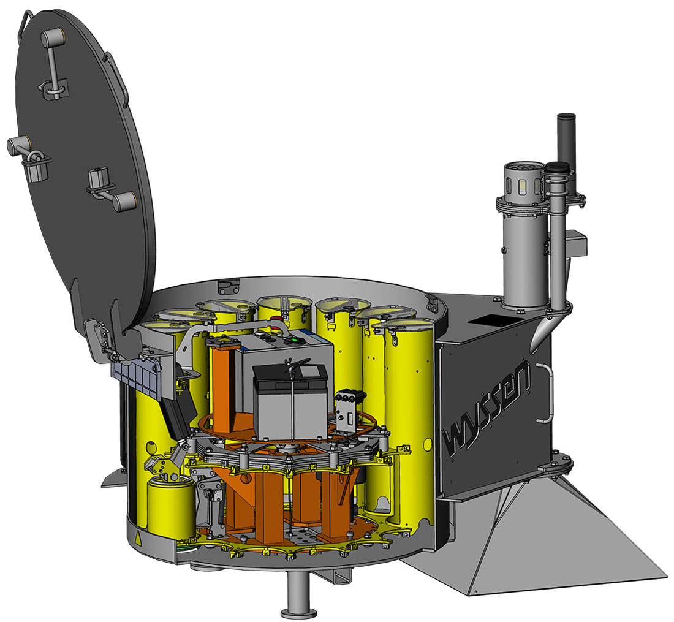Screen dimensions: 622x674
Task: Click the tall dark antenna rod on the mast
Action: click(566, 138)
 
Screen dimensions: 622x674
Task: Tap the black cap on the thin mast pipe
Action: click(557, 168)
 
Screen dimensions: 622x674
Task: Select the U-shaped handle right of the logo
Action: click(545, 392)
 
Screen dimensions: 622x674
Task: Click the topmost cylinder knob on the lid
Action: click(53, 39)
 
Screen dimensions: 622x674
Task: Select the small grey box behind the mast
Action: click(577, 245)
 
